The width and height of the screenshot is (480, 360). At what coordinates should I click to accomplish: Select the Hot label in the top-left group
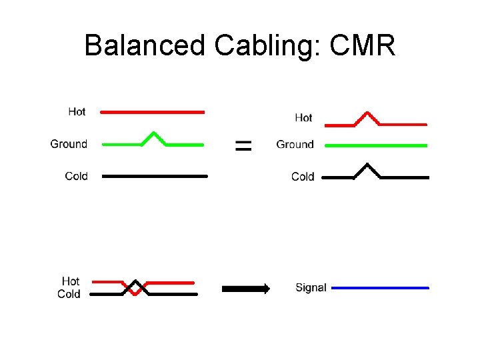coord(77,111)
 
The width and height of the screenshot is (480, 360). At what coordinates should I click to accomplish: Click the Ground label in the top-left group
coord(69,143)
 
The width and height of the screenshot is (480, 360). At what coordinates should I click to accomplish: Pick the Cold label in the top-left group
coord(76,176)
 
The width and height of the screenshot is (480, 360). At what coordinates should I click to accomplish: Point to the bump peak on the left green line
coord(154,133)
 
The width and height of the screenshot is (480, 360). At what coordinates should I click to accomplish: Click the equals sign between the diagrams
coord(244,145)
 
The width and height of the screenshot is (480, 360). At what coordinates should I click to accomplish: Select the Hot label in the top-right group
coord(303,117)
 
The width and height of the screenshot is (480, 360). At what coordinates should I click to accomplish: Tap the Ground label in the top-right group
coord(295,144)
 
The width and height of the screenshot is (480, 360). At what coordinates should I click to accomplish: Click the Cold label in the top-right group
coord(303,177)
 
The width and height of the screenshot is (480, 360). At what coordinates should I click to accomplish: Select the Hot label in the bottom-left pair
coord(70,281)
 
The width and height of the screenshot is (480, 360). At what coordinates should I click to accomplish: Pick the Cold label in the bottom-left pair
coord(69,294)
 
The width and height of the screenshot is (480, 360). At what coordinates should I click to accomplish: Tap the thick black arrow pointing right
coord(245,289)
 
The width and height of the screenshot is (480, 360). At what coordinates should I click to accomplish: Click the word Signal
coord(311,288)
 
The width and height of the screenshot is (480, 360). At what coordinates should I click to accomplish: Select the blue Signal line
coord(380,288)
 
